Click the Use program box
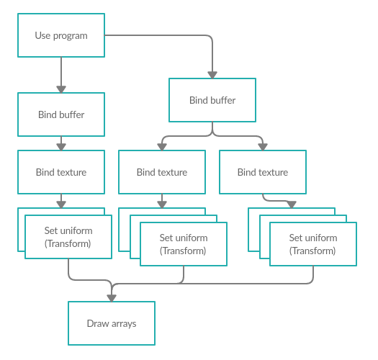61,35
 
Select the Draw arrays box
112,323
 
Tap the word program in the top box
70,36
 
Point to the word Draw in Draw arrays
98,323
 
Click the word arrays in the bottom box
124,324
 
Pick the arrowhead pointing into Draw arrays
112,298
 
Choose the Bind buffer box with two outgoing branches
212,100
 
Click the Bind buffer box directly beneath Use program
61,114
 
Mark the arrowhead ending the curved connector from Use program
212,75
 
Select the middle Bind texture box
162,172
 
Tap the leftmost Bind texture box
61,172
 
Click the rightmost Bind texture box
263,172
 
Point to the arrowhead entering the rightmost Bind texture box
263,147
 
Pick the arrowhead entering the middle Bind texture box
162,147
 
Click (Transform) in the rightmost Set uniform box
312,251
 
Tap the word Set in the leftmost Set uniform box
51,230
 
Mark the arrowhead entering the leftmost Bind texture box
61,147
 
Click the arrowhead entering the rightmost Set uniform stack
292,204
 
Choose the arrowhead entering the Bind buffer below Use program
61,89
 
